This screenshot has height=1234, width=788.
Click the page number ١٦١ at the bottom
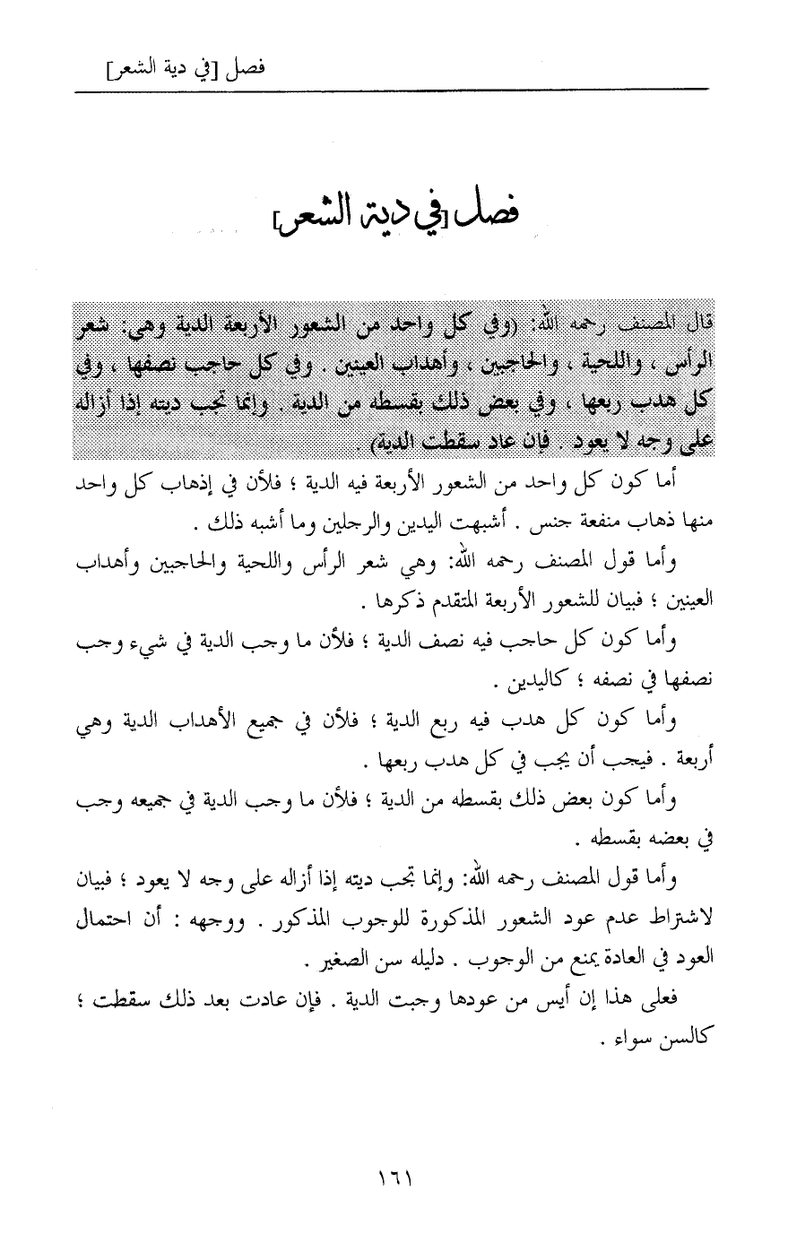(394, 1174)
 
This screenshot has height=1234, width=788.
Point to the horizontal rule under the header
(394, 88)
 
